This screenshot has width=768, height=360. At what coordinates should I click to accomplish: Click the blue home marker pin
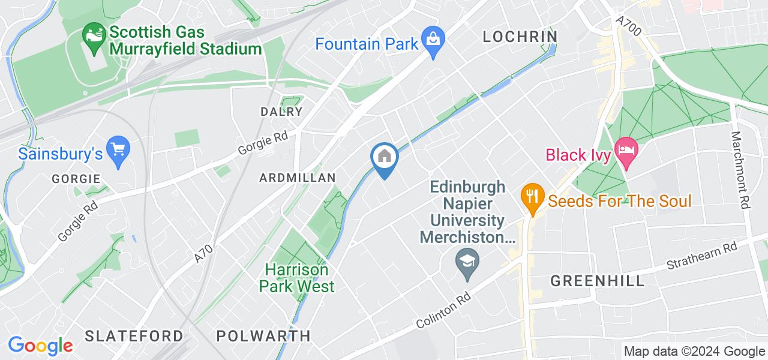[x=383, y=158]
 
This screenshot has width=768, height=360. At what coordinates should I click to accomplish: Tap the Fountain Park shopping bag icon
[x=432, y=43]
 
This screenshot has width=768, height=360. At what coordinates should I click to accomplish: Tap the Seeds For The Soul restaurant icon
[x=532, y=195]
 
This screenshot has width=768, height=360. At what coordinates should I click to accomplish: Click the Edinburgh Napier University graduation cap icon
[x=466, y=260]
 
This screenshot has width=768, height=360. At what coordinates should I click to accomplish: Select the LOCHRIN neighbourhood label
[x=520, y=37]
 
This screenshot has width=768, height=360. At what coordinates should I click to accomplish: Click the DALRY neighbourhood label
[x=281, y=112]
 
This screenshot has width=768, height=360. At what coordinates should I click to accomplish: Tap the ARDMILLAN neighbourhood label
[x=297, y=178]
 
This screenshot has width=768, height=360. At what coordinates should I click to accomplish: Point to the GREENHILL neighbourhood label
[x=598, y=280]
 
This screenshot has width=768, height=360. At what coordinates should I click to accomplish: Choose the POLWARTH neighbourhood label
[x=263, y=335]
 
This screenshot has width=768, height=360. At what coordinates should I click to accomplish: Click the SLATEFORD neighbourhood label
[x=134, y=335]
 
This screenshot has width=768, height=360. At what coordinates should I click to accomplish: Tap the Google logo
[x=40, y=346]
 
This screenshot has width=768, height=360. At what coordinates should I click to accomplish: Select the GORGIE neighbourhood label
[x=76, y=179]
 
